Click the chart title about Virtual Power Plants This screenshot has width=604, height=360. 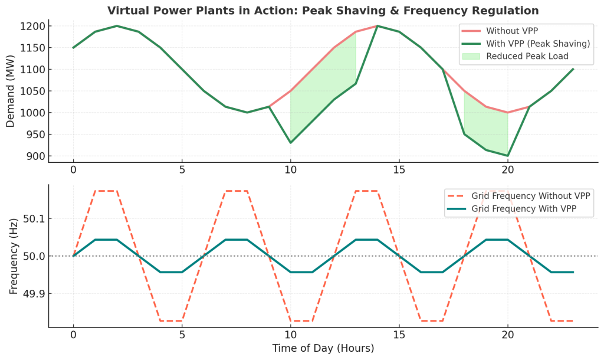pyautogui.click(x=323, y=11)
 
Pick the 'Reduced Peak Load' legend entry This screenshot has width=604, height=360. pyautogui.click(x=527, y=56)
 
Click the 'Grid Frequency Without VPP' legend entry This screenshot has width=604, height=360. pyautogui.click(x=531, y=196)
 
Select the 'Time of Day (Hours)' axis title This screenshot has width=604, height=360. pyautogui.click(x=323, y=348)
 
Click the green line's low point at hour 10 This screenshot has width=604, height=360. pyautogui.click(x=290, y=142)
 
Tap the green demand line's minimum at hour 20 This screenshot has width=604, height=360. pyautogui.click(x=507, y=156)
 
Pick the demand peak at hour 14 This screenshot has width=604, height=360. pyautogui.click(x=377, y=26)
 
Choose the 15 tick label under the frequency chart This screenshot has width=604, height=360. pyautogui.click(x=399, y=334)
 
